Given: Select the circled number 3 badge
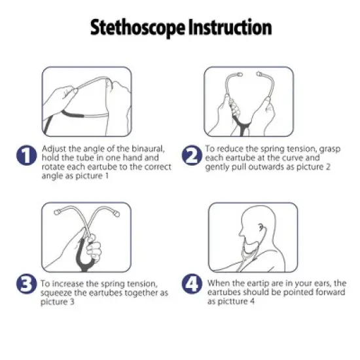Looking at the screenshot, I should click(25, 284).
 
